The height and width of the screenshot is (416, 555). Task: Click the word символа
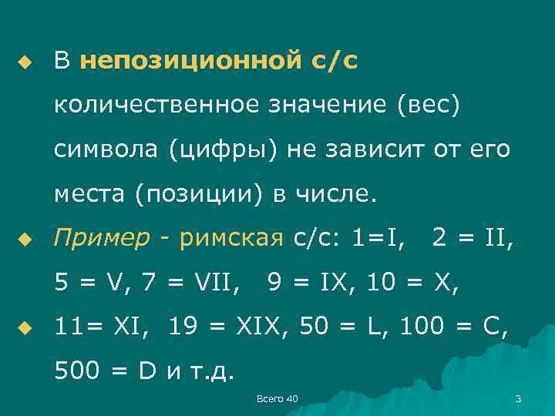coord(103,148)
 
